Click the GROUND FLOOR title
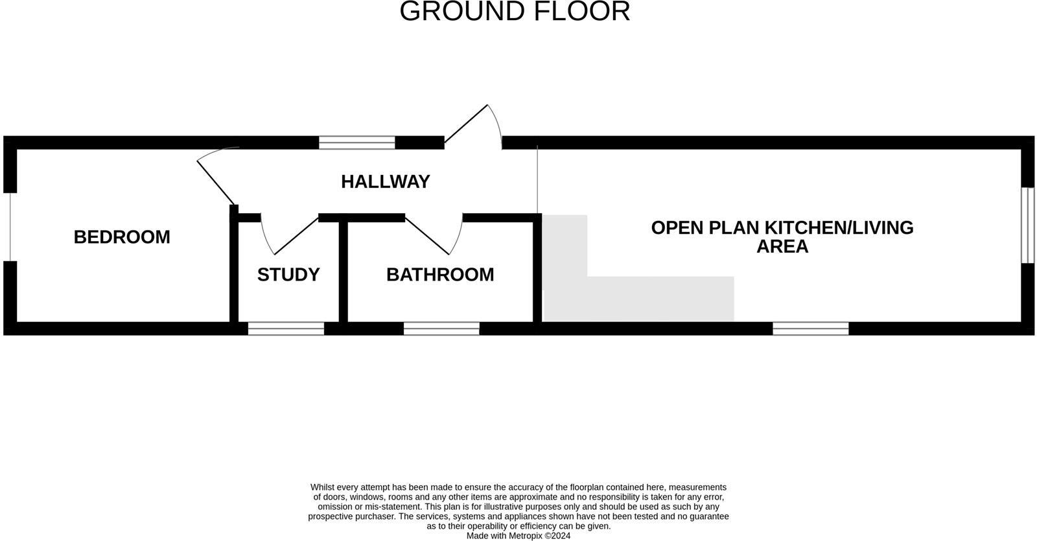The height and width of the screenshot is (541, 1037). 515,12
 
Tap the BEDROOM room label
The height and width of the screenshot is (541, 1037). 122,237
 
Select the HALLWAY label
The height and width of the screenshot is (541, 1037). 386,181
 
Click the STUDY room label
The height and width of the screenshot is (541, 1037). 288,275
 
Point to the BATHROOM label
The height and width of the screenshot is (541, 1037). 440,275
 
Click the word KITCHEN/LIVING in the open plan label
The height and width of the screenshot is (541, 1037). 839,228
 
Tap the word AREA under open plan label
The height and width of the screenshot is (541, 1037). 782,247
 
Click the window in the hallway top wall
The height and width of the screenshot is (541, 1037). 356,143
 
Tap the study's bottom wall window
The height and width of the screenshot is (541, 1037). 286,328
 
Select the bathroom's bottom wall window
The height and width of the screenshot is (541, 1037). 441,328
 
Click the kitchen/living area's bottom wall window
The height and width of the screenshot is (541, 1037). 810,328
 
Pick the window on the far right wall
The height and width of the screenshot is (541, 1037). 1028,225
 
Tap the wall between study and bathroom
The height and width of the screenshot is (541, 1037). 344,272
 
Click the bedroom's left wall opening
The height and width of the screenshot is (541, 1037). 10,227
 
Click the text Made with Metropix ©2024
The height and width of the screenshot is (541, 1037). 518,536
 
